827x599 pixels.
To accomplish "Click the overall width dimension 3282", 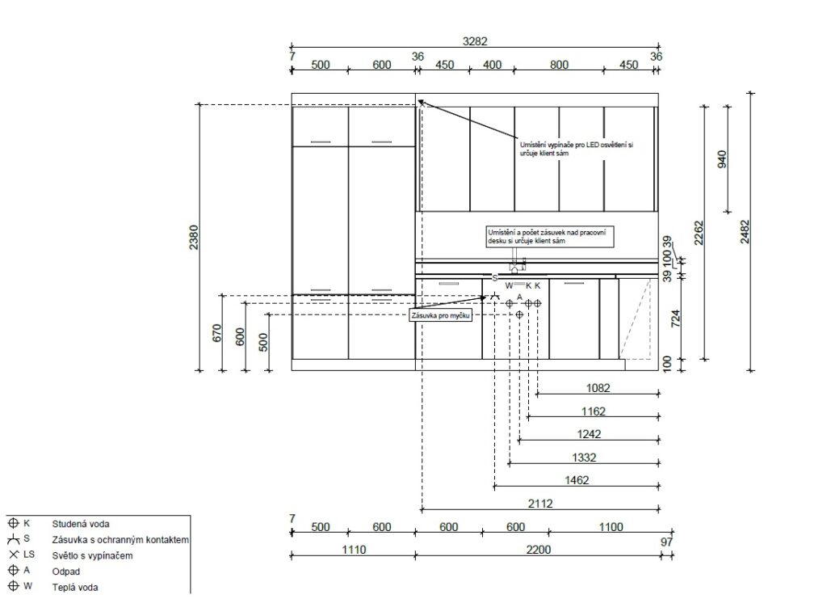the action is tap(475, 41).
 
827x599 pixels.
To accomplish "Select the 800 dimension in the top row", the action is tap(559, 65).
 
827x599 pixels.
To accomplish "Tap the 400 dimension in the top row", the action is tap(492, 65).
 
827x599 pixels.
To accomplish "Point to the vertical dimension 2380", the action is tap(194, 238).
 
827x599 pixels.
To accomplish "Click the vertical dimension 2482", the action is tap(744, 232).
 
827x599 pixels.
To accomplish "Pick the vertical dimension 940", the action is tap(722, 159).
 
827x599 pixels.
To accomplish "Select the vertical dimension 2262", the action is tap(699, 233).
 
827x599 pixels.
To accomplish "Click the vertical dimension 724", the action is tap(676, 318).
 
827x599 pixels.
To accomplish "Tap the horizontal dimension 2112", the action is tap(540, 504).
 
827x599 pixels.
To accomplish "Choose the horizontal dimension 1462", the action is tap(577, 480).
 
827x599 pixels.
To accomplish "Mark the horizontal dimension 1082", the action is tap(598, 388).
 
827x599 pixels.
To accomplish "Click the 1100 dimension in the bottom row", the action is tap(611, 527).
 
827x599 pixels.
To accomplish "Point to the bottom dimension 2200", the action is tap(538, 550).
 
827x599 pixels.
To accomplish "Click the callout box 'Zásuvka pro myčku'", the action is tap(441, 315).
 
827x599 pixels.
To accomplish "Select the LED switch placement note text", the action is tap(577, 149).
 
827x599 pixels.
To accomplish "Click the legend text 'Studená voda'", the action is tap(81, 524).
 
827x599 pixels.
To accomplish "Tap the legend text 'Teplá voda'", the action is tap(75, 588).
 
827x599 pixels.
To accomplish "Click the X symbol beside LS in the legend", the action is tap(14, 555).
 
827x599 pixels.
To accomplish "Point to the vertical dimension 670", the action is tap(216, 333).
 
